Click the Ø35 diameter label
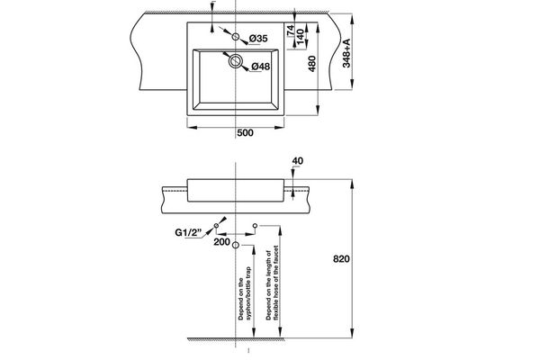(258, 39)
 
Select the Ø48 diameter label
(260, 66)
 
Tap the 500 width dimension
(244, 132)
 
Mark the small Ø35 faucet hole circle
(236, 39)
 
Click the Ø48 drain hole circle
(236, 62)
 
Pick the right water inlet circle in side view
(256, 224)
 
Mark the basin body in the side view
(236, 190)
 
